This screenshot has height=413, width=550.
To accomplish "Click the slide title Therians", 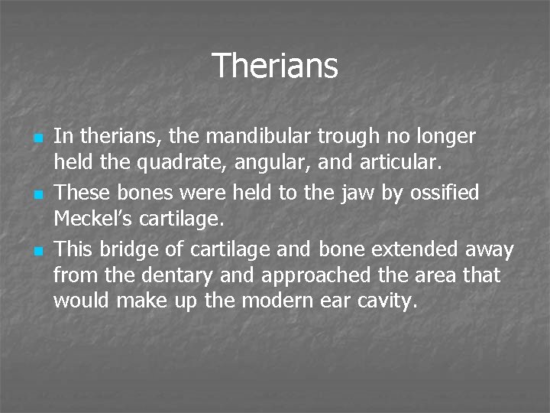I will point(274,66).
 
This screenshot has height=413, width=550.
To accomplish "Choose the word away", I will point(490,251).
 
